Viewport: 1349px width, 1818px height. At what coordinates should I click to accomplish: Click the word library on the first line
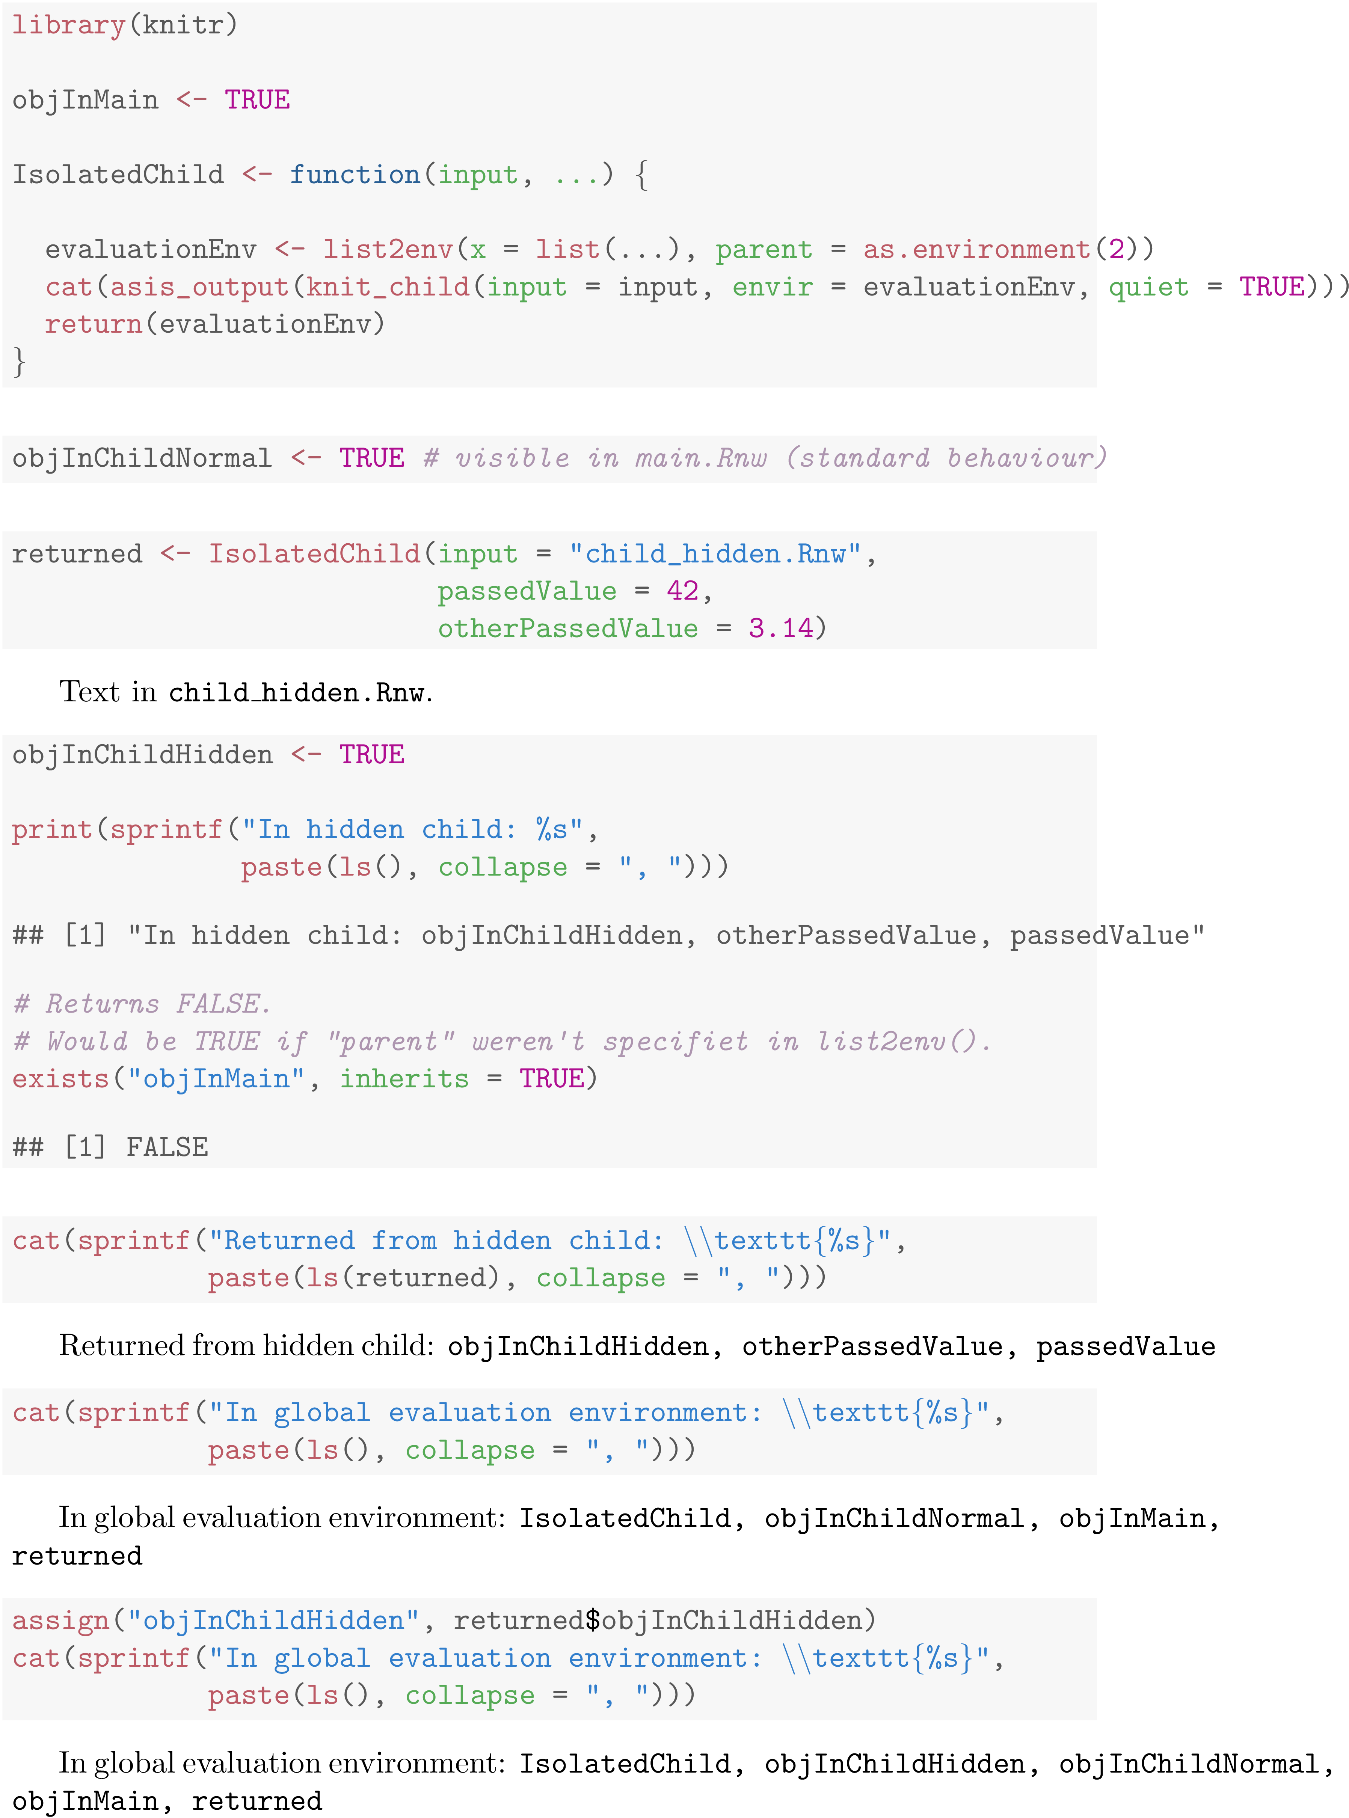point(68,24)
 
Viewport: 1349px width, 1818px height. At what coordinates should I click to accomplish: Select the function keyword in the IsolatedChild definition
point(355,175)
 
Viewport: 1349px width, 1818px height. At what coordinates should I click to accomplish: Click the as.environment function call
point(977,249)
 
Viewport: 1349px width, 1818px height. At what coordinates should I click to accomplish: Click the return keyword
point(93,324)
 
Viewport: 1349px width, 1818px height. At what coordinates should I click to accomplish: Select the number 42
point(682,590)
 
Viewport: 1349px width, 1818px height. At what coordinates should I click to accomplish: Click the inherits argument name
point(404,1078)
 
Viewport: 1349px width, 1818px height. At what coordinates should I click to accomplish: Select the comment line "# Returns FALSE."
point(141,1003)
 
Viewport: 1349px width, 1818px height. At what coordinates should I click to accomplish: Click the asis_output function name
point(199,286)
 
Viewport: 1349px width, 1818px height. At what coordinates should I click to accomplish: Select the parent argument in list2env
point(764,249)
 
